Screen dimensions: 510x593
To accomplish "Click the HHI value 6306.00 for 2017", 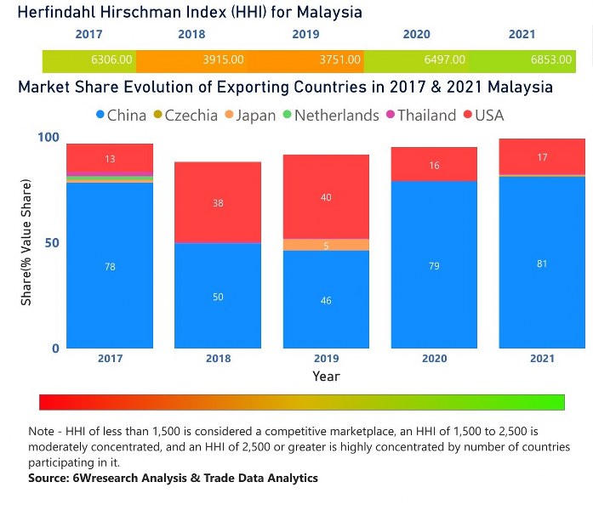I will (112, 60).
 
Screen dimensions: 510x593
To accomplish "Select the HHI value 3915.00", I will (224, 60).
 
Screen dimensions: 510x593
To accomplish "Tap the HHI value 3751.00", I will (340, 60).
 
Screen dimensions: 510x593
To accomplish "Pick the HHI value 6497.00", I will (445, 60).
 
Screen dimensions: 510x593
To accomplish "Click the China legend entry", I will (123, 115).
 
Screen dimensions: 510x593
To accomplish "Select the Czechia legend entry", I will (190, 115).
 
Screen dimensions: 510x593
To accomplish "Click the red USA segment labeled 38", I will (218, 203).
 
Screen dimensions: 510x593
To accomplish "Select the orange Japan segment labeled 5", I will (326, 245).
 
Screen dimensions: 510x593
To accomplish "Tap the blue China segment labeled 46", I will (326, 299).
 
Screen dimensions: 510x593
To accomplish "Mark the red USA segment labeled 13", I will (110, 158).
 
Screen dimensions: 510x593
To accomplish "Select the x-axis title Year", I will (326, 376).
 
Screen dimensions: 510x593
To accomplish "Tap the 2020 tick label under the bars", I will (434, 359).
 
